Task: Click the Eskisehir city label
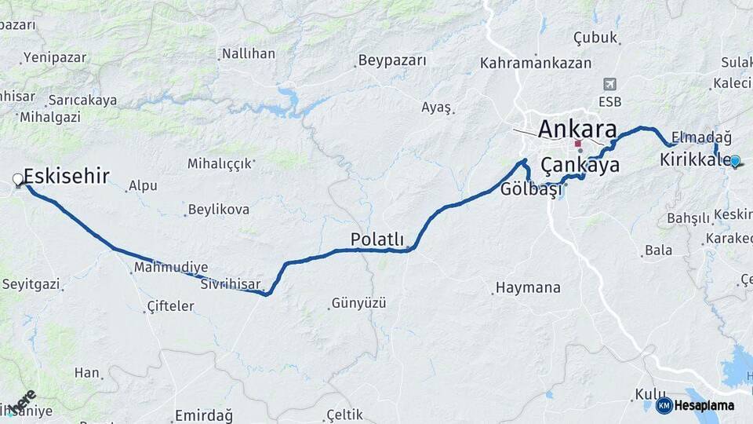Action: (67, 176)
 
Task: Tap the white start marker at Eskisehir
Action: (18, 181)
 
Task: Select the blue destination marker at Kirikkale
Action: (734, 161)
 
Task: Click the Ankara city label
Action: (577, 128)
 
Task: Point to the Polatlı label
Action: (376, 239)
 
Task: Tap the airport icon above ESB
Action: (609, 84)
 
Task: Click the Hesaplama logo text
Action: (704, 405)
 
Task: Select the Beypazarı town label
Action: (392, 60)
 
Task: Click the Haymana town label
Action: (529, 288)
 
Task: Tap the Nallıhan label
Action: (249, 54)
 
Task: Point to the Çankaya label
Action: (580, 165)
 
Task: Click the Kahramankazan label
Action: (537, 63)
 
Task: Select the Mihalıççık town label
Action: (220, 163)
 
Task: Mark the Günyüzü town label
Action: (359, 302)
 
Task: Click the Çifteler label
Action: (170, 306)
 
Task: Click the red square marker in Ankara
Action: (578, 144)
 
